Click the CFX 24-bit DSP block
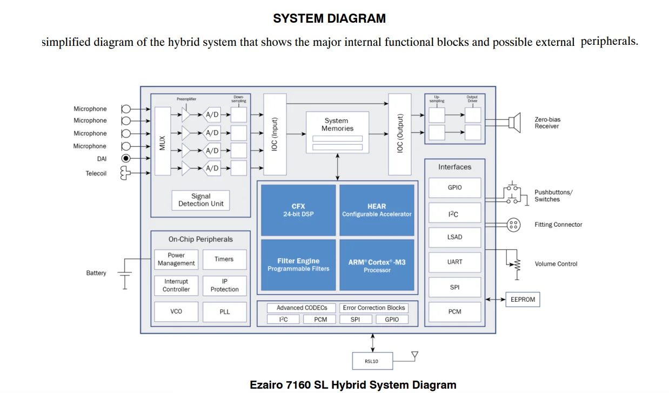click(x=298, y=210)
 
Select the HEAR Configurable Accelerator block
click(x=377, y=210)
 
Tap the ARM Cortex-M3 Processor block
click(x=377, y=265)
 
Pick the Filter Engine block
click(x=298, y=265)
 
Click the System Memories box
click(x=337, y=132)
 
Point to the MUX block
click(x=162, y=141)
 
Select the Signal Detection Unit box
click(x=200, y=200)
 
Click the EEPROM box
click(x=523, y=299)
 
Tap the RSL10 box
click(x=372, y=361)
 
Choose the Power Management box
click(x=176, y=259)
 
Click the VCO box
click(x=176, y=311)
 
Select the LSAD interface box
click(x=454, y=237)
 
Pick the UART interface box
click(x=454, y=262)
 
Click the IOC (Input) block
click(x=275, y=134)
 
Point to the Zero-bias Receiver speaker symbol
click(x=514, y=123)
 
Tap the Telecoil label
click(x=96, y=173)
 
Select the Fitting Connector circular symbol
click(x=513, y=225)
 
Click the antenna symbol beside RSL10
click(x=414, y=355)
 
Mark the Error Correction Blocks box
click(x=373, y=308)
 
